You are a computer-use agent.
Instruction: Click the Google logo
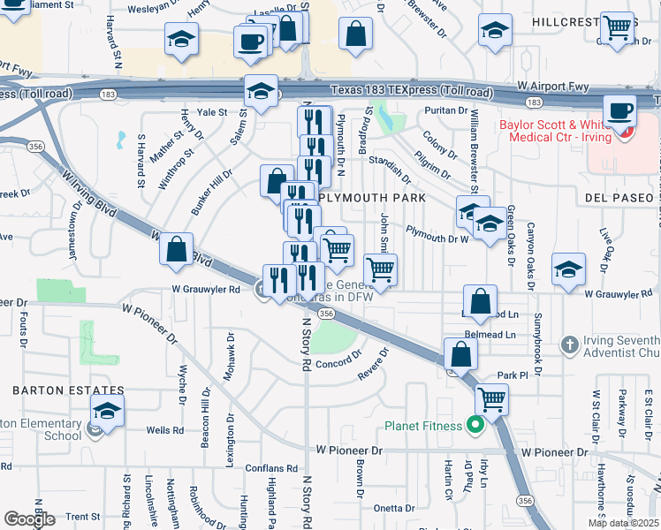tap(29, 519)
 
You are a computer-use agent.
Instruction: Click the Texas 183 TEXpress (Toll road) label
tap(411, 91)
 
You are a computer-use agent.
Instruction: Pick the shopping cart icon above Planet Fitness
tap(491, 399)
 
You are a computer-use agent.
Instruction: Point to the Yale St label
tap(212, 112)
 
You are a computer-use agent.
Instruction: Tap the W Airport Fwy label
tap(553, 85)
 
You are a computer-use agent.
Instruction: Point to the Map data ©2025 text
tap(623, 522)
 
